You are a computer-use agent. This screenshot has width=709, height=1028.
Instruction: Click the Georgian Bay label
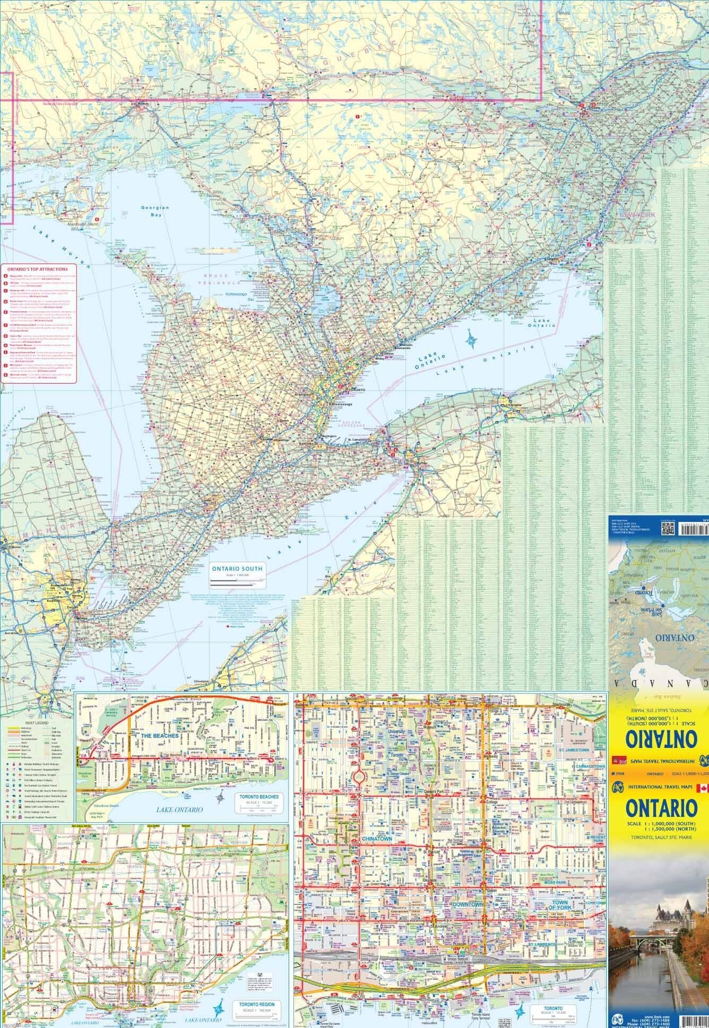pyautogui.click(x=155, y=211)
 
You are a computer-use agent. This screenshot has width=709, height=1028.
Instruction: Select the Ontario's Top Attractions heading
pyautogui.click(x=38, y=269)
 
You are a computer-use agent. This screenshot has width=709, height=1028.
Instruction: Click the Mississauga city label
pyautogui.click(x=343, y=404)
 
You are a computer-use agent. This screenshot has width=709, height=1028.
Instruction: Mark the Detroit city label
pyautogui.click(x=70, y=606)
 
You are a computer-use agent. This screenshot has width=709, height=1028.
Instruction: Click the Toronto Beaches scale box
pyautogui.click(x=259, y=804)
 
